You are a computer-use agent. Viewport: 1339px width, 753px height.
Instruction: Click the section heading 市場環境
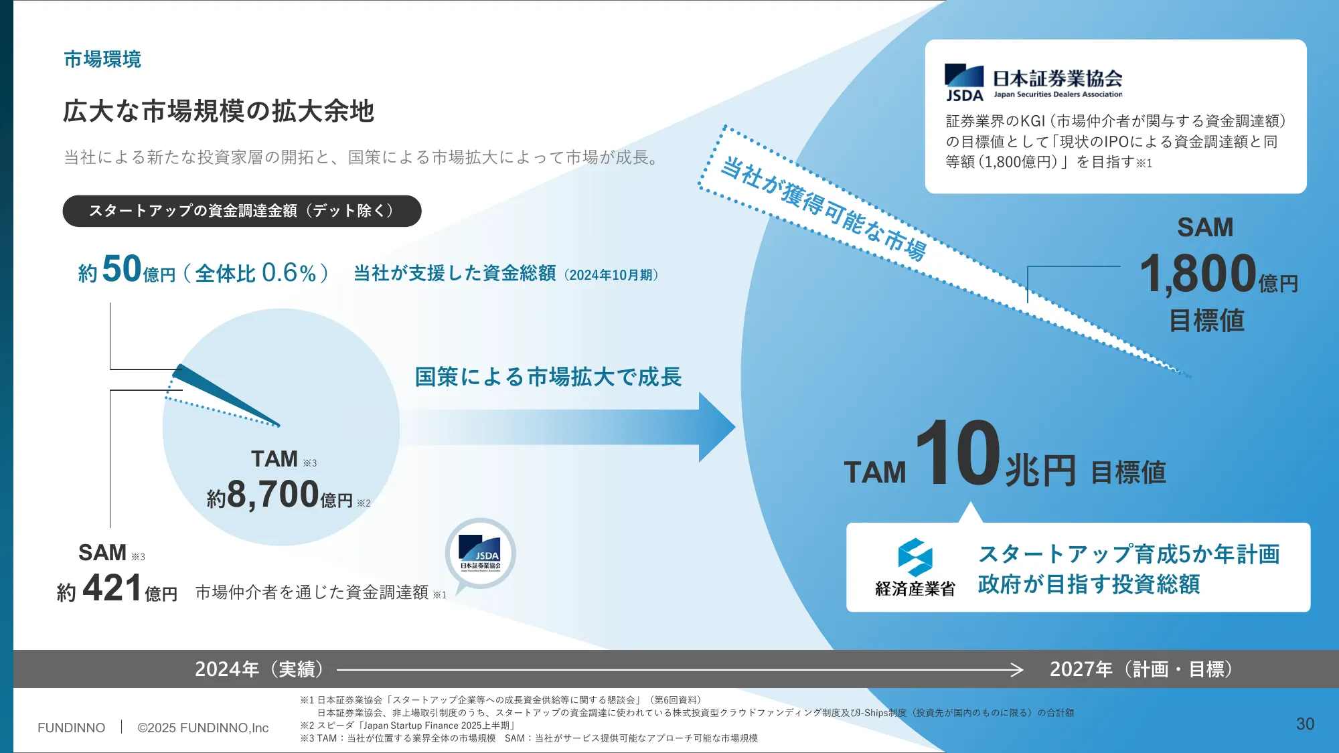click(x=102, y=60)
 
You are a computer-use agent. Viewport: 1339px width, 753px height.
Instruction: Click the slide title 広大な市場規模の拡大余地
click(x=218, y=111)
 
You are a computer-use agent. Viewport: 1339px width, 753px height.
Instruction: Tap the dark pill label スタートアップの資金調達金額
click(x=242, y=211)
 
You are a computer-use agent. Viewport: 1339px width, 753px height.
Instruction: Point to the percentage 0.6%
click(x=289, y=273)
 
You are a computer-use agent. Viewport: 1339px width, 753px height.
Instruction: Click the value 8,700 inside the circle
click(x=272, y=495)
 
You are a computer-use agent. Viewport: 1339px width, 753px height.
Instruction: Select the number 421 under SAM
click(x=112, y=588)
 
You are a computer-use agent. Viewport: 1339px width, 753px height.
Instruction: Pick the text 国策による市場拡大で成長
click(x=548, y=377)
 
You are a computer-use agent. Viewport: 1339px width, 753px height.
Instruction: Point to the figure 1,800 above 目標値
click(x=1197, y=274)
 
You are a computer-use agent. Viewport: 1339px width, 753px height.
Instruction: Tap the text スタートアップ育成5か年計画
click(x=1129, y=554)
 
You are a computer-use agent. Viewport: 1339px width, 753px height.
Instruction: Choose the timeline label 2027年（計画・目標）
click(x=1141, y=669)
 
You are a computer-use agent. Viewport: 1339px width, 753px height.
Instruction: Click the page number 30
click(x=1305, y=724)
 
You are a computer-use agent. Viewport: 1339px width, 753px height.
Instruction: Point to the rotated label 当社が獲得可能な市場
click(x=823, y=208)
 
